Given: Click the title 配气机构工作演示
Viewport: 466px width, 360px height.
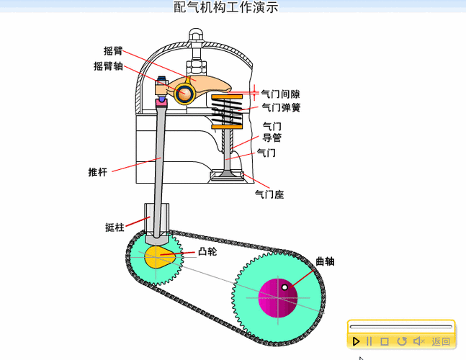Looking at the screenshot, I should tap(226, 8).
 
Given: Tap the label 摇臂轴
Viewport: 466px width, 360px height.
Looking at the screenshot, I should tap(108, 66).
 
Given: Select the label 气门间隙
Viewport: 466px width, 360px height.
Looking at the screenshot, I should tap(280, 94).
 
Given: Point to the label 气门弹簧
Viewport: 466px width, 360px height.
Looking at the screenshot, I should tap(280, 108).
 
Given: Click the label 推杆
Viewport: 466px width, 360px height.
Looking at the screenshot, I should tap(97, 172).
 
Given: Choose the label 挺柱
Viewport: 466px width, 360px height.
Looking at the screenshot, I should tap(115, 228).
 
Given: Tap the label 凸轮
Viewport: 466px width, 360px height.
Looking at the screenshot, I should tap(207, 252).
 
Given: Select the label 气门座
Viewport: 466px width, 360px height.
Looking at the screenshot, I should tap(270, 194).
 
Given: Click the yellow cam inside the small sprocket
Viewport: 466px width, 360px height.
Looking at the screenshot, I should tap(160, 257).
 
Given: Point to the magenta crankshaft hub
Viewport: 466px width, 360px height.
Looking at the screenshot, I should tap(277, 297).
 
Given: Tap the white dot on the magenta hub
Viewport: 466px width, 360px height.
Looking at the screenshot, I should tap(285, 288).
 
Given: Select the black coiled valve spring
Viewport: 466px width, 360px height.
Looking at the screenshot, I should tap(229, 111).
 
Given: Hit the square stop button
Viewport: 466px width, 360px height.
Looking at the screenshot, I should tap(385, 341).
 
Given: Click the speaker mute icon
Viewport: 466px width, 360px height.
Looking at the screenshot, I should tap(418, 341).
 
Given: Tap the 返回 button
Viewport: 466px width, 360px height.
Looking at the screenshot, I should tap(441, 341).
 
